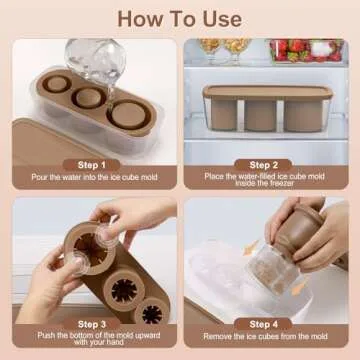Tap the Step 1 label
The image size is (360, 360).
(x=91, y=164)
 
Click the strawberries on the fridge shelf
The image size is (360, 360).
(x=300, y=48)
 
